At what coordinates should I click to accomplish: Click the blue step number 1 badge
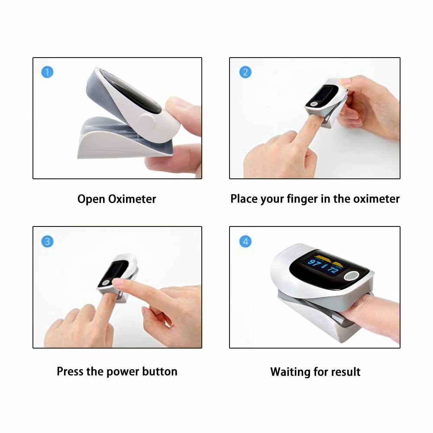[x=47, y=72]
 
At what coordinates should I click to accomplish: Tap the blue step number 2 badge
[x=245, y=72]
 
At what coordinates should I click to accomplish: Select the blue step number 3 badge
[x=47, y=241]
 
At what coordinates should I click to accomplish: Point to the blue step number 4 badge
[x=245, y=241]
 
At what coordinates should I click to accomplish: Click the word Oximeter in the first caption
[x=132, y=199]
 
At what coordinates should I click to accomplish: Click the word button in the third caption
[x=160, y=372]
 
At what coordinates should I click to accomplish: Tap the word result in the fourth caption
[x=346, y=372]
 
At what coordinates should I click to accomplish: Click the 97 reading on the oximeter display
[x=314, y=263]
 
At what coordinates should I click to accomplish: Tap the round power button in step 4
[x=352, y=276]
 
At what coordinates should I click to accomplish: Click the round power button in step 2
[x=314, y=104]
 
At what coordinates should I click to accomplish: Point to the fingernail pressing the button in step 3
[x=118, y=282]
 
